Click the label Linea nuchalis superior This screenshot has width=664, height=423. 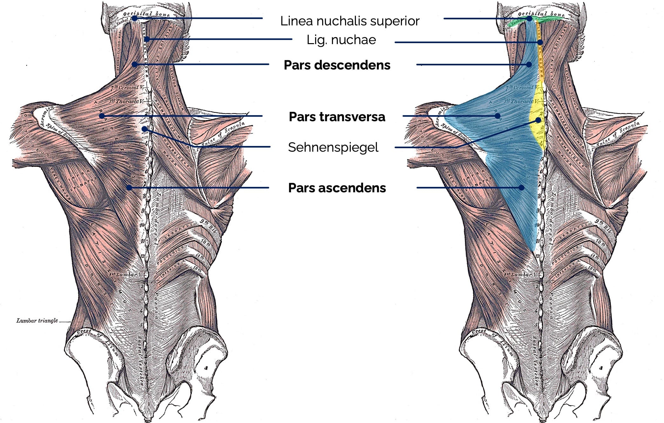(x=350, y=21)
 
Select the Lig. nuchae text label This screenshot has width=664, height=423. (x=341, y=40)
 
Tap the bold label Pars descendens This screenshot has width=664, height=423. (x=337, y=65)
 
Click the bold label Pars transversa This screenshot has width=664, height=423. (x=337, y=117)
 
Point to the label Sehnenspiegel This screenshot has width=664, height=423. (x=333, y=147)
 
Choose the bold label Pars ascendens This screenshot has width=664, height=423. (x=337, y=188)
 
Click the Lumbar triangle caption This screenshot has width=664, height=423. (x=37, y=321)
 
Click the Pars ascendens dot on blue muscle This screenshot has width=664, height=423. (x=521, y=188)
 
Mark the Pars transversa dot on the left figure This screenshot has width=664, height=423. (x=102, y=116)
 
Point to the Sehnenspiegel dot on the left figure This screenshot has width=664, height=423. (x=144, y=129)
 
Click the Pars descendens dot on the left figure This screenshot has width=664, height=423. (x=135, y=64)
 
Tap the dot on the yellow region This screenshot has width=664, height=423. (x=538, y=120)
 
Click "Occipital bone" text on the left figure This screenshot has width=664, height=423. (x=146, y=14)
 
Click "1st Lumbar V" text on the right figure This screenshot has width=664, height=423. (x=521, y=274)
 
